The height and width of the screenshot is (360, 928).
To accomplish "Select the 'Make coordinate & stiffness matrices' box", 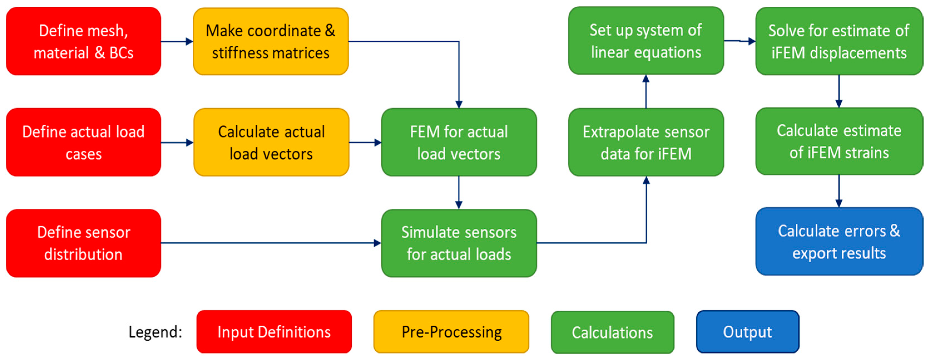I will (271, 41).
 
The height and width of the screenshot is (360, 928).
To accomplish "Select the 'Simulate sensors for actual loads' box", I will (459, 243).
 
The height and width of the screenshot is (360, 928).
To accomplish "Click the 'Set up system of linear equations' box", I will (646, 40).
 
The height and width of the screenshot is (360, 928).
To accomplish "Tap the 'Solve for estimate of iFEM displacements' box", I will (839, 41).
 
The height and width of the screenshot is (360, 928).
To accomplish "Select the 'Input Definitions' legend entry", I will (274, 332).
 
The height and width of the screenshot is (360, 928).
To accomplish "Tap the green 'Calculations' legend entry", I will (612, 332).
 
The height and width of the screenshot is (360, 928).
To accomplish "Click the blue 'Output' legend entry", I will (748, 332).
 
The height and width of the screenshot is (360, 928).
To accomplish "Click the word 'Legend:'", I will (155, 332).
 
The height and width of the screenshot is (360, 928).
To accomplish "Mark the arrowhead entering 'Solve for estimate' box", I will (751, 41).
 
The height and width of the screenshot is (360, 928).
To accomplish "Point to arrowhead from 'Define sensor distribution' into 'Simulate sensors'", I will (377, 243).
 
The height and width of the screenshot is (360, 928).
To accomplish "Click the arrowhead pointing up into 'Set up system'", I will (646, 78).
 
